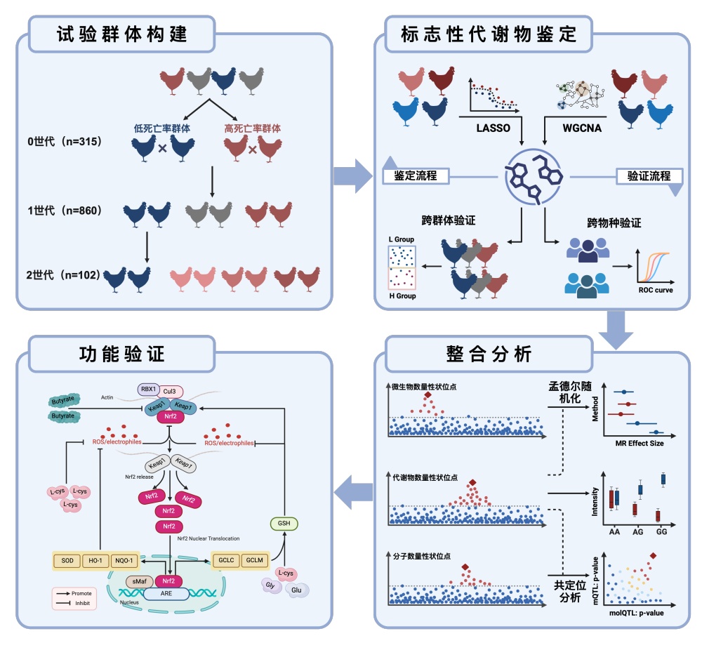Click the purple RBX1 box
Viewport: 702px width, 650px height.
pos(148,389)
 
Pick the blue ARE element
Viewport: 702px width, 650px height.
pos(166,594)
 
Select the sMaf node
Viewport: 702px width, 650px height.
pos(137,581)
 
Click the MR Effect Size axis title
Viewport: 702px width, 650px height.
pos(639,443)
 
